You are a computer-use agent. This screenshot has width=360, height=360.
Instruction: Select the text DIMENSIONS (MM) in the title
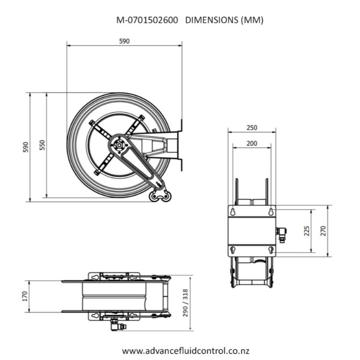224,20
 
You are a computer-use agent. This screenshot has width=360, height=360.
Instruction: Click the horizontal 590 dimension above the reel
124,41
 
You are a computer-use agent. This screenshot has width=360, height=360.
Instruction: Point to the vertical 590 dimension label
26,147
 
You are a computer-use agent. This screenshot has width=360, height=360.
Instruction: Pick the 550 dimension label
42,145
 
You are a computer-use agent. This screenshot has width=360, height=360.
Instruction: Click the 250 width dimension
252,128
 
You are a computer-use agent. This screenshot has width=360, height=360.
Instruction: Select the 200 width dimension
252,143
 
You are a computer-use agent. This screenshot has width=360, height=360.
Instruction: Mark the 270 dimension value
323,231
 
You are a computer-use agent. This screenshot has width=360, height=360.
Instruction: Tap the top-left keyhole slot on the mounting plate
232,211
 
